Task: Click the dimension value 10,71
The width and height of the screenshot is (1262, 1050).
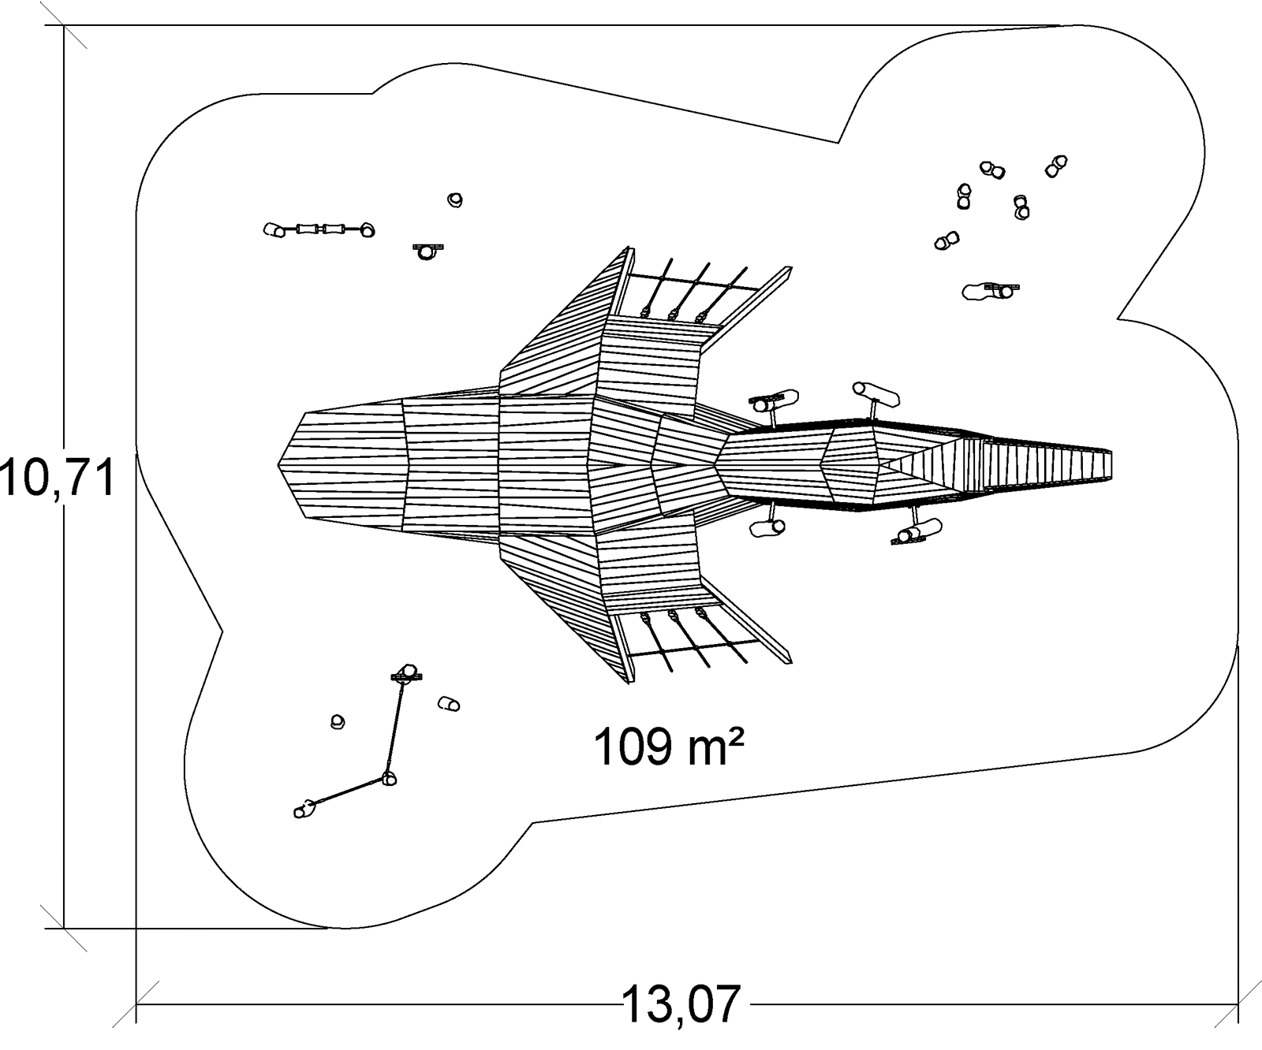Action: point(58,478)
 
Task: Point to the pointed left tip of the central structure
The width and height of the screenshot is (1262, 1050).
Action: point(282,465)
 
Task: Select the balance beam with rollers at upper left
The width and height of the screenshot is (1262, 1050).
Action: point(319,229)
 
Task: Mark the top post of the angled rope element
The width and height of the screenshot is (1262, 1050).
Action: point(407,672)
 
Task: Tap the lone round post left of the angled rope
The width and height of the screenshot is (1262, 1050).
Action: point(338,721)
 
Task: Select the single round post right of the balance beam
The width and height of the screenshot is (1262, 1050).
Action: point(454,200)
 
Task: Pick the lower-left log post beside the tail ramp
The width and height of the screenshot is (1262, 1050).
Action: point(768,527)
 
